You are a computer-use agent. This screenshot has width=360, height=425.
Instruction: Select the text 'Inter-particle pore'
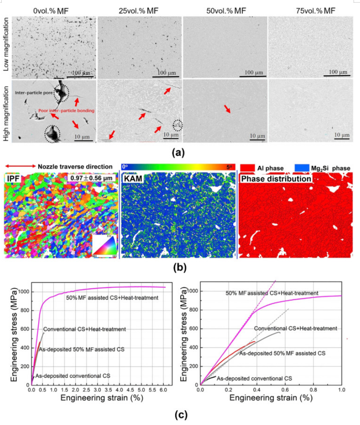coord(33,93)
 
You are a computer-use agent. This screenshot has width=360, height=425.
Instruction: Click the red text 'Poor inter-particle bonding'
coord(66,110)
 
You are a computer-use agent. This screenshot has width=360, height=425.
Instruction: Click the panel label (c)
coord(180,416)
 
